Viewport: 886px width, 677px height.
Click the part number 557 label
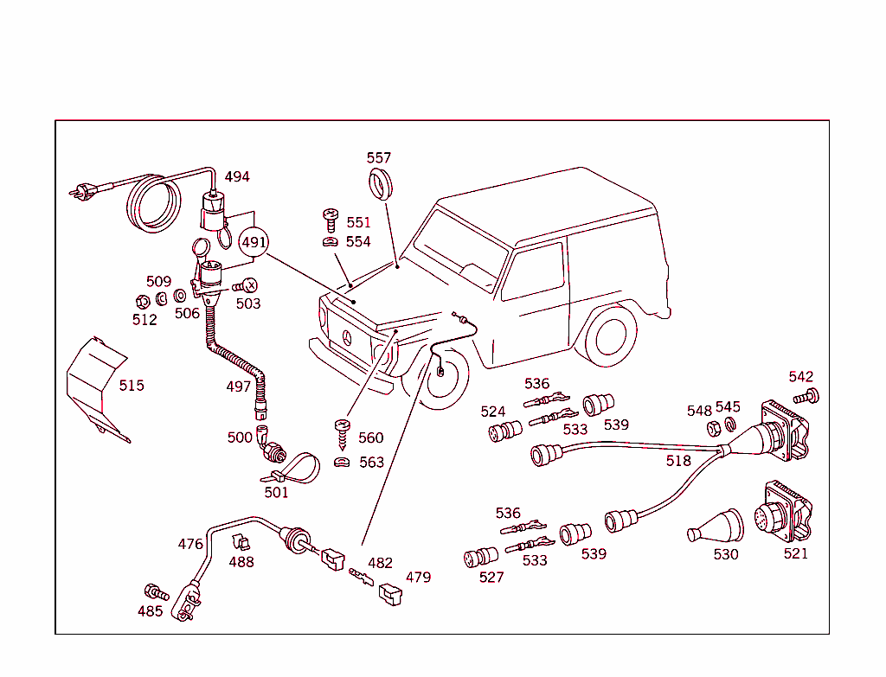(378, 158)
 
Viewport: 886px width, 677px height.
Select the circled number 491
(254, 242)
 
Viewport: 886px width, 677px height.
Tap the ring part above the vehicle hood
(379, 185)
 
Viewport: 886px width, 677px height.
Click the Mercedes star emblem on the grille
(345, 339)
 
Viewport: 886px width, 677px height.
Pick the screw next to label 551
(330, 220)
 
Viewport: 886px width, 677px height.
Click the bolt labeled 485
(155, 592)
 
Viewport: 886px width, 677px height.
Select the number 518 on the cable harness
(678, 461)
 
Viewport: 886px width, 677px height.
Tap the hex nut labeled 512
(142, 302)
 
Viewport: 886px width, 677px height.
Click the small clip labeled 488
(240, 544)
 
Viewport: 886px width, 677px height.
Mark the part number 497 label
(239, 386)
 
